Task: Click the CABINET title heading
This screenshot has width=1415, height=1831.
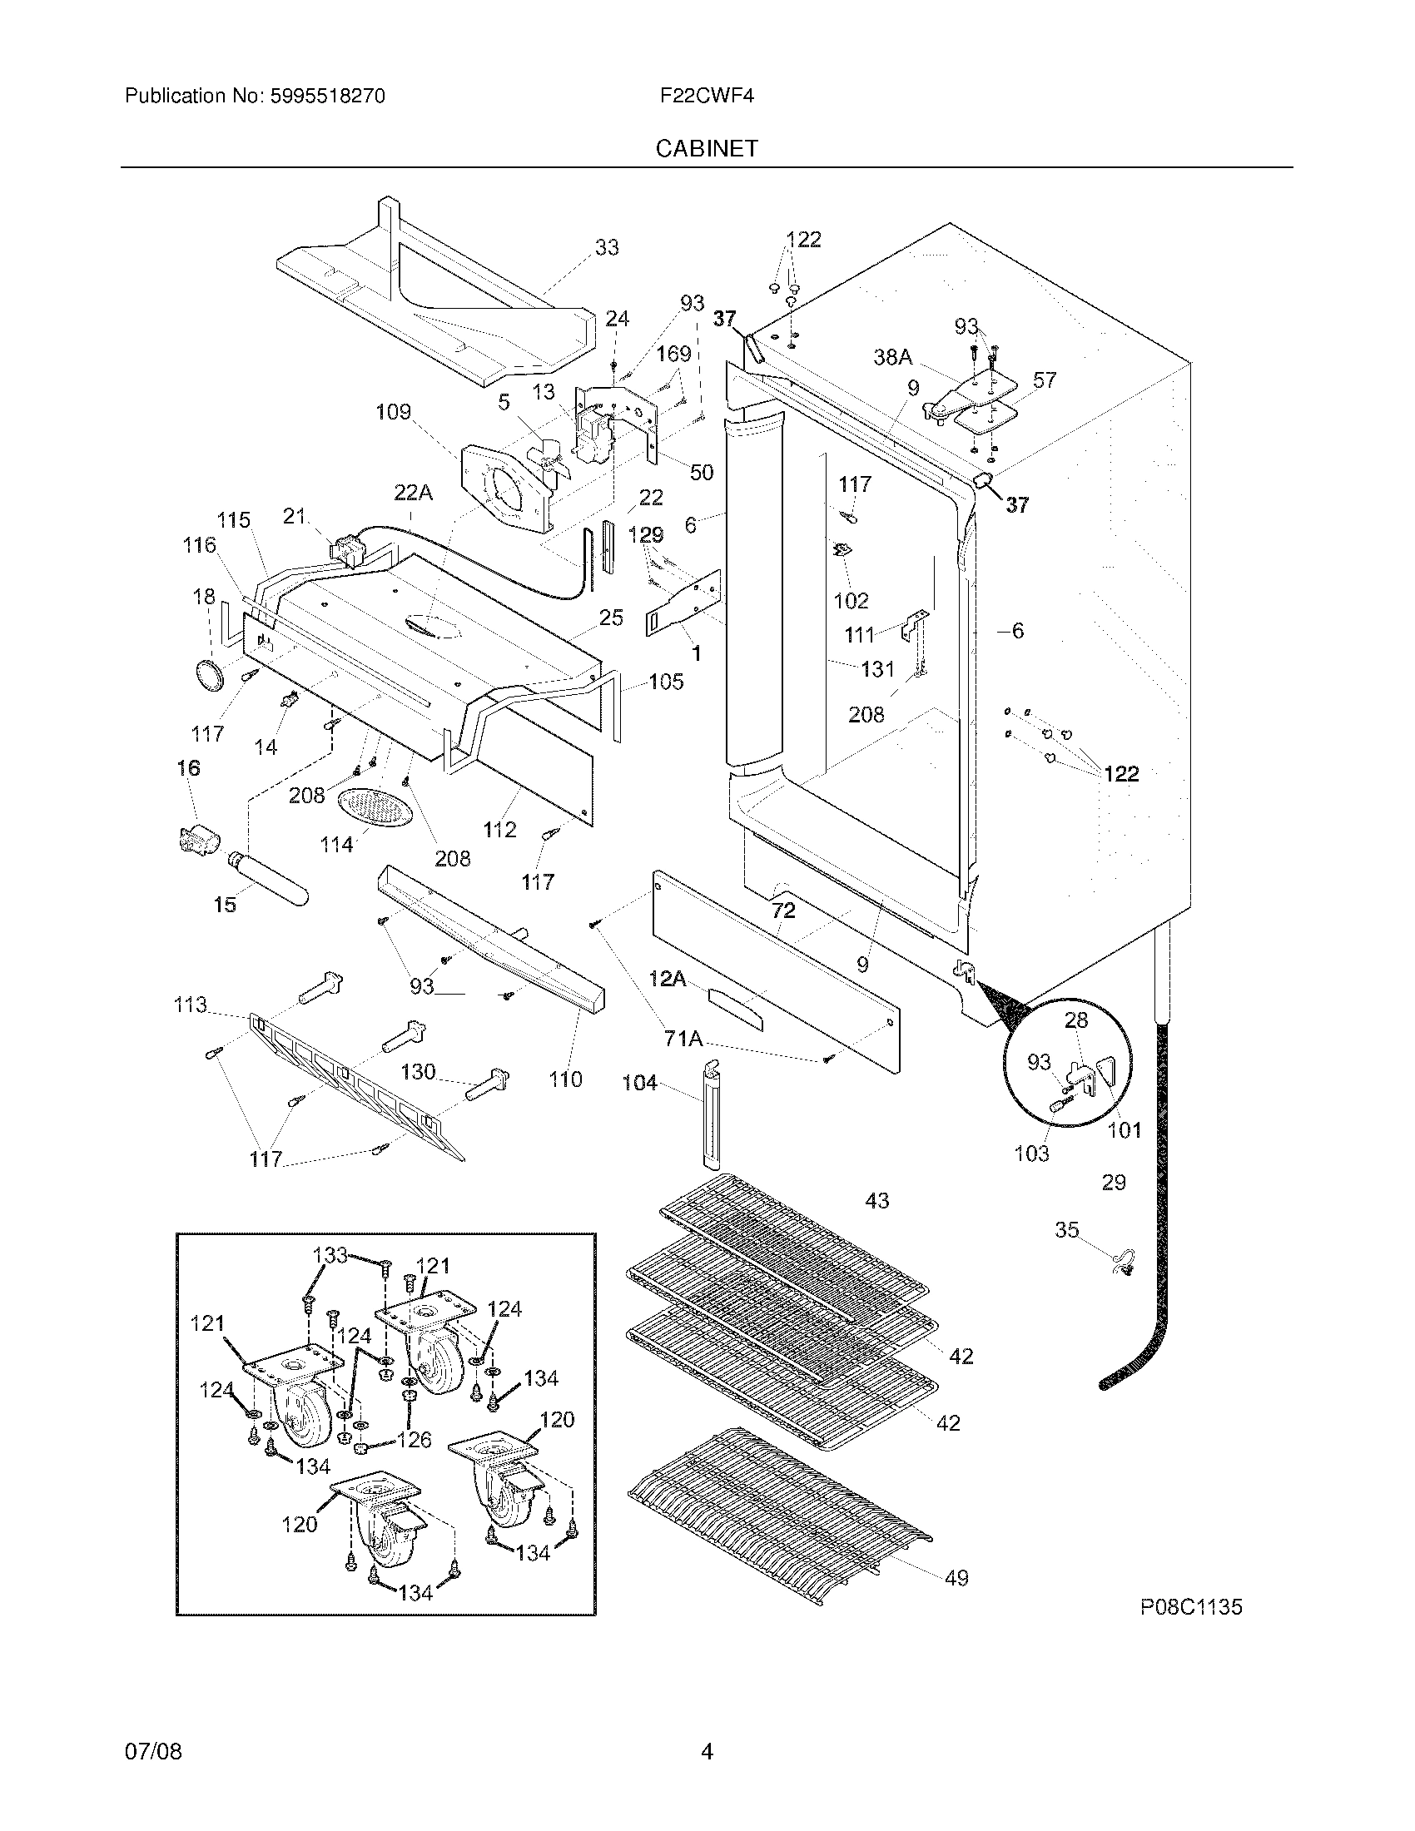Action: pos(707,148)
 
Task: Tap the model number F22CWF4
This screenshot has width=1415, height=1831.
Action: pos(707,96)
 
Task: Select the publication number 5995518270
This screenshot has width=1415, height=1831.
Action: pos(327,96)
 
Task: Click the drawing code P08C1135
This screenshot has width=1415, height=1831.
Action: pos(1190,1606)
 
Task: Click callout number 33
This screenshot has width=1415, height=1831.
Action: pos(607,247)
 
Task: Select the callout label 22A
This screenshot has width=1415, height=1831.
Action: pos(414,494)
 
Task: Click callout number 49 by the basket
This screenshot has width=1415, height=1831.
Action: pos(956,1578)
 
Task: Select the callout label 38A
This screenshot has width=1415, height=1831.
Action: pos(893,358)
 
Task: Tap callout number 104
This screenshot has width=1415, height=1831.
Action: pos(639,1083)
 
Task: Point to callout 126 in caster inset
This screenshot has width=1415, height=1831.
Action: pos(414,1440)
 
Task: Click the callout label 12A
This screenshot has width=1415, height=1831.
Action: pos(668,979)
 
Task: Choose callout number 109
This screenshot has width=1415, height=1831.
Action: pos(393,412)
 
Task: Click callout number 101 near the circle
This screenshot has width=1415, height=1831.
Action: pos(1125,1130)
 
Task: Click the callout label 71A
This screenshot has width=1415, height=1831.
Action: pos(683,1040)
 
